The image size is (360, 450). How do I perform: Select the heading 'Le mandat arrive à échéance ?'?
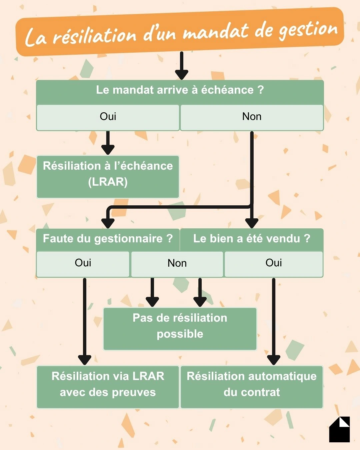[x=180, y=90]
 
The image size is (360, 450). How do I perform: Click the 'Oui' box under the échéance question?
[x=108, y=117]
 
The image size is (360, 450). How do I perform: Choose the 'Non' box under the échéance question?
[x=252, y=117]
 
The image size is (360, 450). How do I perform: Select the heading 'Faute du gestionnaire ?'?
[x=108, y=239]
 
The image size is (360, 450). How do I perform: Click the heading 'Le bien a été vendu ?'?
[x=252, y=239]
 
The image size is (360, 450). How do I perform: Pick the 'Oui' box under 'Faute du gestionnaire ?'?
[x=83, y=263]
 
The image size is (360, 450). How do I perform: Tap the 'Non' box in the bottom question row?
[x=177, y=263]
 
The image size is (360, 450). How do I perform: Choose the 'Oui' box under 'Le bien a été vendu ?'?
[x=274, y=263]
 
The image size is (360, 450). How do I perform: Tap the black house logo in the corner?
[x=339, y=430]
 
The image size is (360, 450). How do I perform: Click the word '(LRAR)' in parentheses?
[x=108, y=182]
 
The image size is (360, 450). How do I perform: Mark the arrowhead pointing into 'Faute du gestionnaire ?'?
[x=108, y=223]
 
